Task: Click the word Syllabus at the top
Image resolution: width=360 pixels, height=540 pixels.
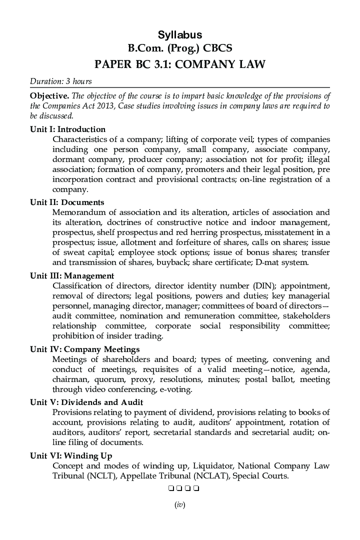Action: tap(180, 35)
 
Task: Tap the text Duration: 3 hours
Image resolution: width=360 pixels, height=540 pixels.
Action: tap(60, 81)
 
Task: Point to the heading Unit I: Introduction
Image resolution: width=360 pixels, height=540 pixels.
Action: tap(67, 129)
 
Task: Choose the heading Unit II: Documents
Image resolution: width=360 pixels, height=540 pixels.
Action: tap(67, 202)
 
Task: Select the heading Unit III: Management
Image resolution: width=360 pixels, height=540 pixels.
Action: tap(72, 276)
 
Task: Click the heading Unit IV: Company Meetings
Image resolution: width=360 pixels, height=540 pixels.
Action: tap(84, 349)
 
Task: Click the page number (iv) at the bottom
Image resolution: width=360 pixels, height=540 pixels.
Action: tap(180, 505)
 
